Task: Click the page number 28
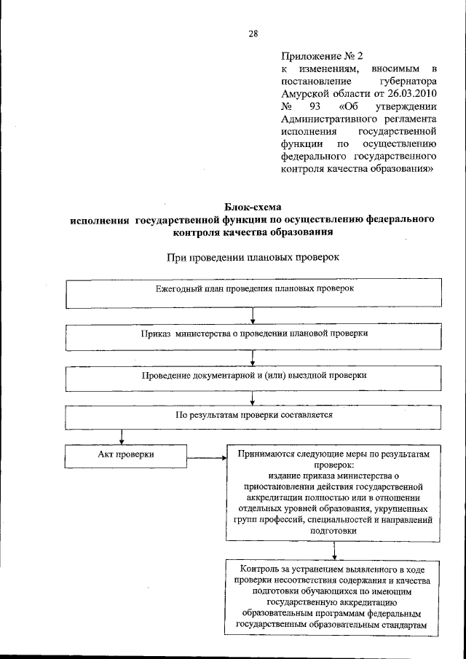click(253, 33)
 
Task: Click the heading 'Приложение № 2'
click(321, 55)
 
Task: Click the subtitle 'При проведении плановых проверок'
click(253, 257)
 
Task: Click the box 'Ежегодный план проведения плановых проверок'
click(253, 293)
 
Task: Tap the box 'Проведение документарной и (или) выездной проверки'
click(253, 376)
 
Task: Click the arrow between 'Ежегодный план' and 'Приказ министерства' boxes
click(253, 315)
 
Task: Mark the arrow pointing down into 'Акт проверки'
click(121, 435)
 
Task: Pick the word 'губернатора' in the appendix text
click(408, 82)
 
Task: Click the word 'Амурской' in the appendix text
click(305, 95)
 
